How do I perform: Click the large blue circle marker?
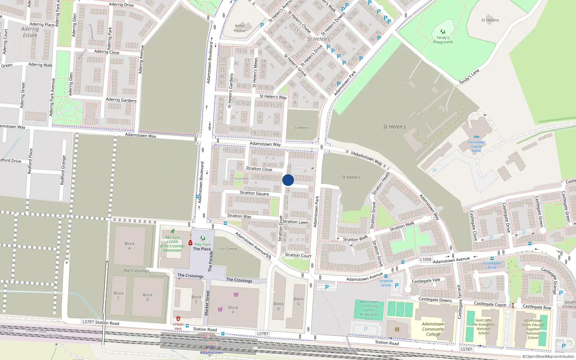coord(288,180)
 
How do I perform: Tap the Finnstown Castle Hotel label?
coord(476,146)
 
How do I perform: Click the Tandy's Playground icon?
coord(443,32)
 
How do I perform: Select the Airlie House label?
coord(239,28)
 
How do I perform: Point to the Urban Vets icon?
coord(178,319)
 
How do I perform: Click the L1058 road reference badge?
coord(426,259)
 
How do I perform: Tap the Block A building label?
coord(130,246)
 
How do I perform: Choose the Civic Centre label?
coord(228,249)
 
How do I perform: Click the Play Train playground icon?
coord(203,238)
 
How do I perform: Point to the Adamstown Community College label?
coord(433,329)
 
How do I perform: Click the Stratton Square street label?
coord(254,193)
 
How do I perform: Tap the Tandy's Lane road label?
coord(469,77)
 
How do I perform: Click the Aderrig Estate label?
coord(30,32)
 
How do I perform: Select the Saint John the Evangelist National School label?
coord(483,327)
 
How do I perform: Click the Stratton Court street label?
coord(298,255)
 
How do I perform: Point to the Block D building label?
coord(148,297)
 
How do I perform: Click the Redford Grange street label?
coord(63,170)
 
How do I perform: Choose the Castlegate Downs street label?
coord(435,300)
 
